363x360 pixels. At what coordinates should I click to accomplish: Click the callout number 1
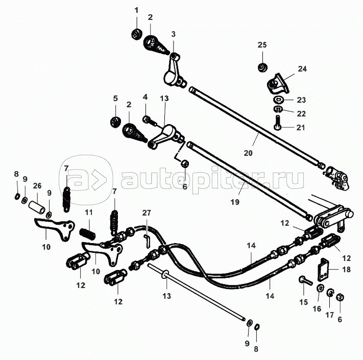(x=137, y=10)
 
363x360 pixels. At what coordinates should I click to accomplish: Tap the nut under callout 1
(x=137, y=34)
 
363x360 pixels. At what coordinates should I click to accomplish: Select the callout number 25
(x=262, y=45)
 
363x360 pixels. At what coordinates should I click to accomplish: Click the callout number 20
(x=248, y=153)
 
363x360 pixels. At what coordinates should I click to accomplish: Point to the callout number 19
(x=235, y=202)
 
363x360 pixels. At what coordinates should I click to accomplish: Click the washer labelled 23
(x=278, y=100)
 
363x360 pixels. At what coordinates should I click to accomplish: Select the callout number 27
(x=147, y=213)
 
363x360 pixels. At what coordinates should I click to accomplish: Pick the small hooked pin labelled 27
(x=147, y=241)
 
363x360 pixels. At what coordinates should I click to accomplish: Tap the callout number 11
(x=89, y=212)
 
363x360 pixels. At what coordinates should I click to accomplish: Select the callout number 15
(x=304, y=302)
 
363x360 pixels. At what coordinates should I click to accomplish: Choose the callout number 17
(x=330, y=315)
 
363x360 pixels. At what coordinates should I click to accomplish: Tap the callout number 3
(x=174, y=34)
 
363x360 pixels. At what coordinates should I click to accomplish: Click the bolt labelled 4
(x=149, y=121)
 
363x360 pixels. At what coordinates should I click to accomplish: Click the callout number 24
(x=302, y=69)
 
